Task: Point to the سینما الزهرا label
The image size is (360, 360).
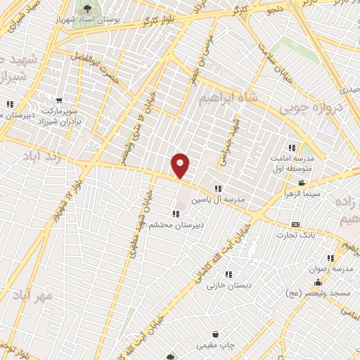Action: click(302, 193)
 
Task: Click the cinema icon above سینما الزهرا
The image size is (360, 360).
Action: click(302, 183)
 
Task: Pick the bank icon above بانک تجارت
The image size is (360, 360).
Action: click(295, 224)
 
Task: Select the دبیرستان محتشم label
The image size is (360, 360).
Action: click(175, 224)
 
